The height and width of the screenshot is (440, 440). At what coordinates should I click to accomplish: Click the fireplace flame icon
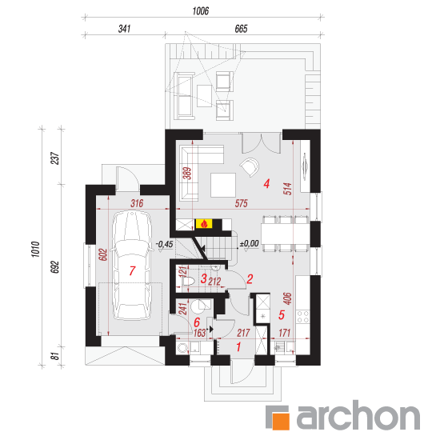pos(204,224)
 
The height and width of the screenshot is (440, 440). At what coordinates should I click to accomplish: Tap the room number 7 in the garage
pos(132,270)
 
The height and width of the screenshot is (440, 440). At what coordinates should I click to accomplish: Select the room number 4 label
pos(266,184)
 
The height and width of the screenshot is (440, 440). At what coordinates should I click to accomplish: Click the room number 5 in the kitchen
pos(282,315)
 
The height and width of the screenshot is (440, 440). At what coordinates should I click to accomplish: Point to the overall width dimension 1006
pos(201,11)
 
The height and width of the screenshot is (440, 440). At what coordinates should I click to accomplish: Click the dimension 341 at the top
pos(124,29)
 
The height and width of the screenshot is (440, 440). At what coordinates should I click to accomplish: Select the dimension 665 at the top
pos(241,29)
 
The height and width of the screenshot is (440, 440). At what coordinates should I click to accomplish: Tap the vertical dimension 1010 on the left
pos(35,249)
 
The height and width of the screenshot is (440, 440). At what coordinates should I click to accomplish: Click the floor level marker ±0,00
pos(249,243)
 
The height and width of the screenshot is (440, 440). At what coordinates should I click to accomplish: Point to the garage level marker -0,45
pos(165,244)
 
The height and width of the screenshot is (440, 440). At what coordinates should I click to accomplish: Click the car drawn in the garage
pos(132,266)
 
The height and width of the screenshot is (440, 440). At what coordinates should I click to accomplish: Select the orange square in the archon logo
pos(282,420)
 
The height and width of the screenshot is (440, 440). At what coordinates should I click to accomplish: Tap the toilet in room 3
pos(188,281)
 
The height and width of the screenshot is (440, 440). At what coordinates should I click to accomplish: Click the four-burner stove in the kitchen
pos(302,317)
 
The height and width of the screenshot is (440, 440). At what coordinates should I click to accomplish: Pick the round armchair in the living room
pos(250,167)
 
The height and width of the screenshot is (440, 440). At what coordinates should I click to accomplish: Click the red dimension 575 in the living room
pos(241,203)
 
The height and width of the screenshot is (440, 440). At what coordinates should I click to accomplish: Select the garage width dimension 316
pos(137,203)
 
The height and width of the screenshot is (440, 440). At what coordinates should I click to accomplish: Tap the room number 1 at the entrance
pos(238,347)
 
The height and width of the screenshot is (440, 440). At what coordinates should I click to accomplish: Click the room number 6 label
pos(197,322)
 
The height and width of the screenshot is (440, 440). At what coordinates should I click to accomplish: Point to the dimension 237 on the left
pos(55,158)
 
